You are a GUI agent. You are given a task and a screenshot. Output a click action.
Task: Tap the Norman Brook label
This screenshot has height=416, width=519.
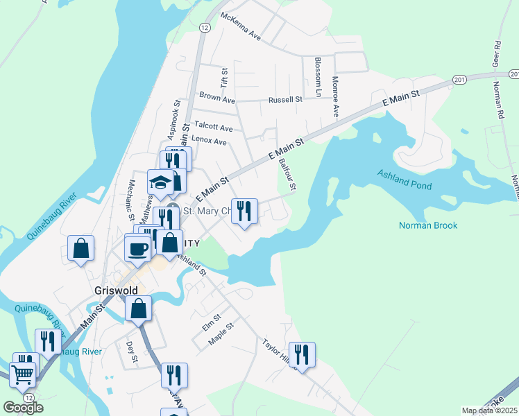point(428,225)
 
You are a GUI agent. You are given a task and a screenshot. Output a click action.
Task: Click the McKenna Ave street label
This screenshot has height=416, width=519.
point(240,26)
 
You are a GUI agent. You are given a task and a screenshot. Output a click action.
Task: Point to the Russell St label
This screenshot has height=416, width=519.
point(286,100)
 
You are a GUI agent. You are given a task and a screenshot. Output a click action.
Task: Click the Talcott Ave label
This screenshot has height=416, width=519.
point(213,127)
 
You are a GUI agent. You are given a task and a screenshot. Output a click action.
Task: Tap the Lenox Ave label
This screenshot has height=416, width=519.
point(210,141)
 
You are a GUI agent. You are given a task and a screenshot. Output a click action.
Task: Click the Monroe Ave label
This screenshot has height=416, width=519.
point(334,96)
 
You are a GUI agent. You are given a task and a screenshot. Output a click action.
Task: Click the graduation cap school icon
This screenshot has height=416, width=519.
point(161,184)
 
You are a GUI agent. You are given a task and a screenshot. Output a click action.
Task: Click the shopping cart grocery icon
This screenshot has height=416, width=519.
point(23,374)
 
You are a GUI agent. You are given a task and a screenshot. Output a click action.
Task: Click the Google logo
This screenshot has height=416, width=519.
point(23,407)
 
